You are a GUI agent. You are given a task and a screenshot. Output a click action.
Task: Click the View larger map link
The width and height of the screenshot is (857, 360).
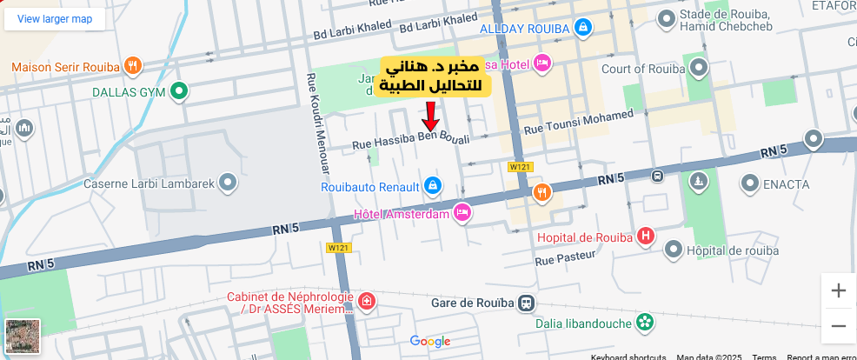(x=54, y=18)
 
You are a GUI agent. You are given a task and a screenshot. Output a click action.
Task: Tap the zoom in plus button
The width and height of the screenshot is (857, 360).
(x=838, y=290)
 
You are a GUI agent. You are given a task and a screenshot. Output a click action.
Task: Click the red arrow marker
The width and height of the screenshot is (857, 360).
(x=430, y=117)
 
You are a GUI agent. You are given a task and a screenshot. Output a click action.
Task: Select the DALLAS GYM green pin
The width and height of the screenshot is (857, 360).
(x=179, y=90)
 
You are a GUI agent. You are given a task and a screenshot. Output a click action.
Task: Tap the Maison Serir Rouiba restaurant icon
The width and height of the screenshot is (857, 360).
(x=132, y=66)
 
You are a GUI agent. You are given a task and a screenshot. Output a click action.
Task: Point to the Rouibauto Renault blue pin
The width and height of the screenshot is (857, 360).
(x=432, y=185)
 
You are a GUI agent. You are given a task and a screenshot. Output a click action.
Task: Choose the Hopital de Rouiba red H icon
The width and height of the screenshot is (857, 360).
(x=646, y=236)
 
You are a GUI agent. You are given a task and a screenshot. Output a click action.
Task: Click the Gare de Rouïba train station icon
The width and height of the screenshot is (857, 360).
(x=526, y=303)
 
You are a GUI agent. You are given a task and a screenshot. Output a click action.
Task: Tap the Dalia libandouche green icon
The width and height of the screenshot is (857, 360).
(x=644, y=323)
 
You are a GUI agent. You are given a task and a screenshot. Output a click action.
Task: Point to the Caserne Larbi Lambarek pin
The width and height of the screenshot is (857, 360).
(x=228, y=183)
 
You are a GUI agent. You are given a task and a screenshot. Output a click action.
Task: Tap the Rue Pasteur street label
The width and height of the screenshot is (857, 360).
(x=565, y=258)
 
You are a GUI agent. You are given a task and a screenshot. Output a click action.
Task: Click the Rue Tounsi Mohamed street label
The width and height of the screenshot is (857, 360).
(x=577, y=123)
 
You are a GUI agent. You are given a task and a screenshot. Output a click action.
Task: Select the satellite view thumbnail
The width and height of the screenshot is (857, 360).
(x=23, y=336)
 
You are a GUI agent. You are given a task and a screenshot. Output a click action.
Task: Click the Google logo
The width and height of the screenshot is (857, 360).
(x=430, y=342)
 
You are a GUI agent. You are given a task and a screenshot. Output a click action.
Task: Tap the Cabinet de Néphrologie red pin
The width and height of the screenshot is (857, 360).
(x=368, y=302)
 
